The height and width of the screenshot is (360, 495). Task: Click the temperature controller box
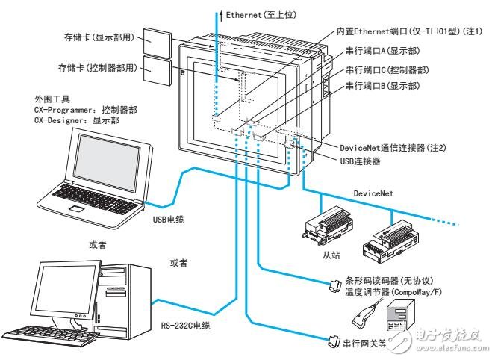399,319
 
